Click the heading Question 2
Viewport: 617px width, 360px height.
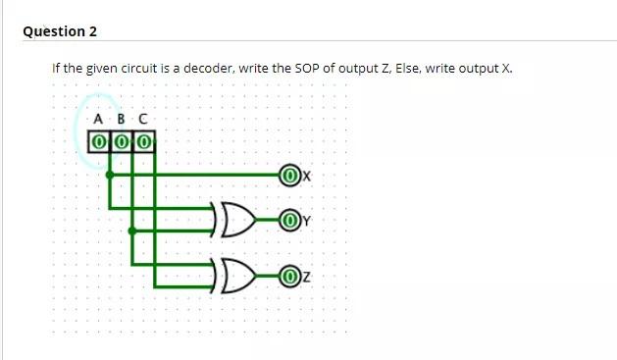pyautogui.click(x=60, y=31)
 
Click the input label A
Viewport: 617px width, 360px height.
pyautogui.click(x=97, y=121)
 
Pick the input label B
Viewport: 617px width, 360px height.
pyautogui.click(x=121, y=121)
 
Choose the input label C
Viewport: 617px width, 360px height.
pyautogui.click(x=143, y=121)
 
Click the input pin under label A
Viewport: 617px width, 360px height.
pyautogui.click(x=98, y=142)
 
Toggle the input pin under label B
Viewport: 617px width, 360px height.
pyautogui.click(x=121, y=142)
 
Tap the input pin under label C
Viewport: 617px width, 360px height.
pyautogui.click(x=143, y=142)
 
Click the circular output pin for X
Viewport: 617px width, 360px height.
pyautogui.click(x=289, y=176)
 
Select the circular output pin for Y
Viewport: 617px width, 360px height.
pyautogui.click(x=289, y=220)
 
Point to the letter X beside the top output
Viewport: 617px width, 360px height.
pyautogui.click(x=306, y=177)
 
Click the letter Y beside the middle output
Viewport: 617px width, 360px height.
pyautogui.click(x=306, y=221)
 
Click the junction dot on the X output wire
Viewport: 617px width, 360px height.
pyautogui.click(x=109, y=176)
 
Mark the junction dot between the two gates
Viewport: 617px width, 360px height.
pyautogui.click(x=131, y=231)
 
